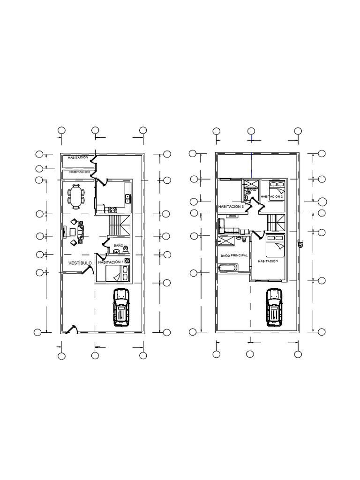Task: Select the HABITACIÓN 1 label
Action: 111,262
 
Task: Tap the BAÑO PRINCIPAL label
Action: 234,256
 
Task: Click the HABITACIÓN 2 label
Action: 272,196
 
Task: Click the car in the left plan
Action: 121,307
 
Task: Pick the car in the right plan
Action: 274,307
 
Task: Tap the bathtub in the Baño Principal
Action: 228,268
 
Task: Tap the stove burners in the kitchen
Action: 112,210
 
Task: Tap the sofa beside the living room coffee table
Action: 81,232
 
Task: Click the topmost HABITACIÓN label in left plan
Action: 78,158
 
